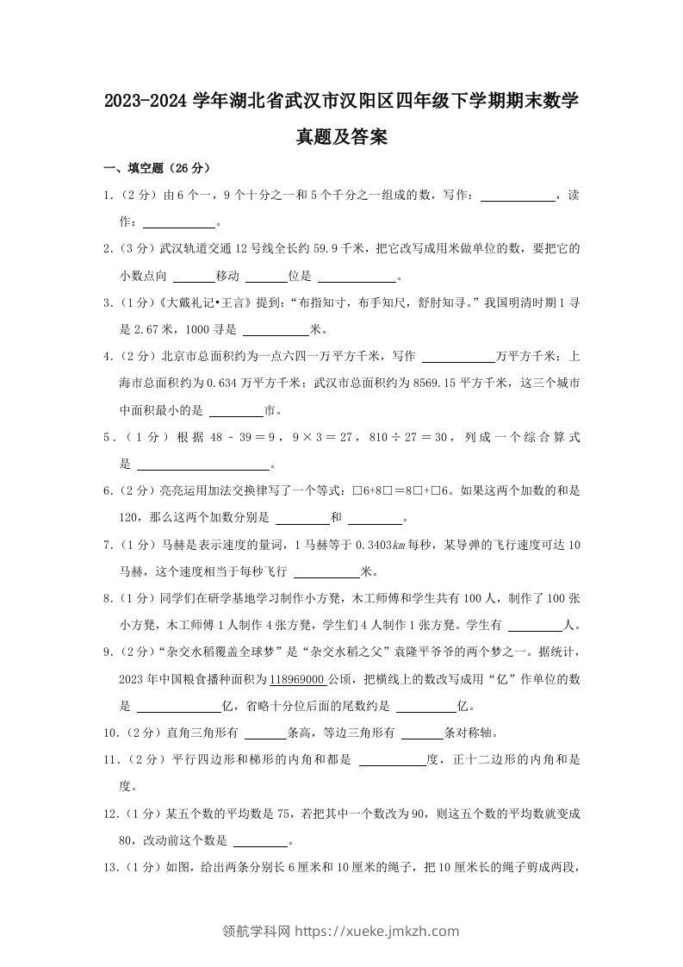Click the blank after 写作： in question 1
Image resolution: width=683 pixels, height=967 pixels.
517,197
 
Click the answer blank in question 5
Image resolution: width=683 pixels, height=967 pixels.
204,465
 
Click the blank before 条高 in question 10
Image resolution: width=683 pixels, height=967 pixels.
265,733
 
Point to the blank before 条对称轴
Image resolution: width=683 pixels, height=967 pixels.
422,733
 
